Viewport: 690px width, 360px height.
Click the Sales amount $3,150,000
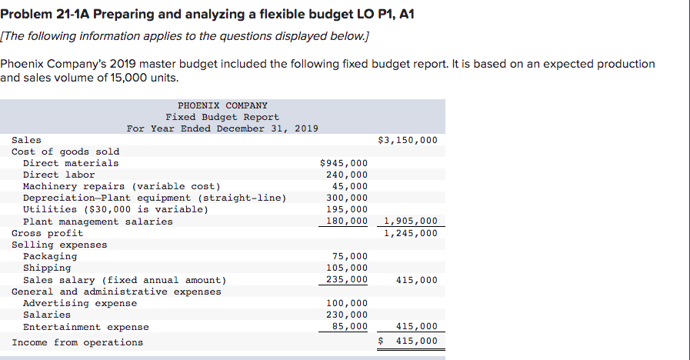point(408,140)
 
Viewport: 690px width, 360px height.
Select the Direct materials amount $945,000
point(343,163)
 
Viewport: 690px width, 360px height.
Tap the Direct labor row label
point(59,175)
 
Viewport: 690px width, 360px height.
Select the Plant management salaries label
point(98,222)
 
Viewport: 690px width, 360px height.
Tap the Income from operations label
point(77,342)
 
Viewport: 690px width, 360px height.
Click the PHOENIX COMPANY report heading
point(222,105)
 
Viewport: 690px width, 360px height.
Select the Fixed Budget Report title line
point(222,117)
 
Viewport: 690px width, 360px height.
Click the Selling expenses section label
point(59,245)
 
